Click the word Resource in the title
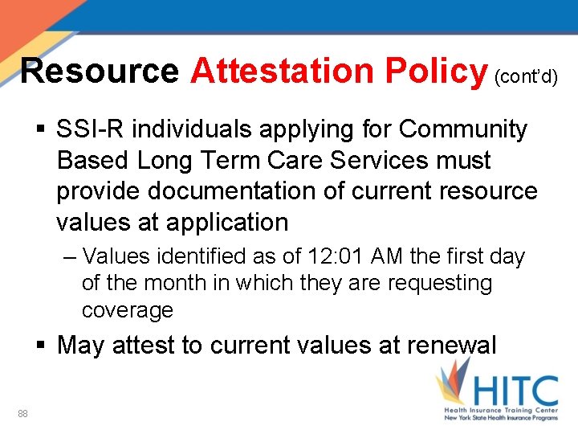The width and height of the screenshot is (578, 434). pos(99,71)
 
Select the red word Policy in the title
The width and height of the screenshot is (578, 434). pos(437,71)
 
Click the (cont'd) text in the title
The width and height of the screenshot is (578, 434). pos(526,76)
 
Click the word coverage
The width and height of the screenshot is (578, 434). pos(127,309)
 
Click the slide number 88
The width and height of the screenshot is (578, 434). pos(22,413)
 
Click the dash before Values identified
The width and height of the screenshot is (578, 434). pos(67,257)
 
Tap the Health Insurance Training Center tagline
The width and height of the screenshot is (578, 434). pos(501,410)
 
